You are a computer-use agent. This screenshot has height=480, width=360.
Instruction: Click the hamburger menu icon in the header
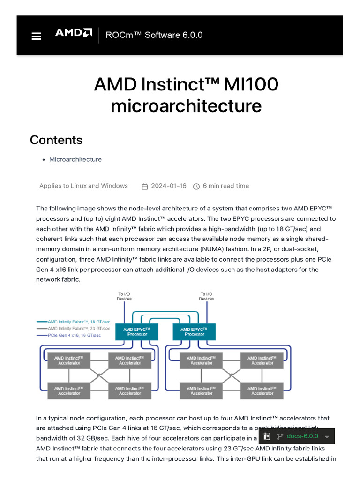[x=36, y=36]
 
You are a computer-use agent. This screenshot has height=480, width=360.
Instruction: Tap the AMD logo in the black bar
[x=74, y=33]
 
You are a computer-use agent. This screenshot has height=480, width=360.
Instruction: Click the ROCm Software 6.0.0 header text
[x=154, y=35]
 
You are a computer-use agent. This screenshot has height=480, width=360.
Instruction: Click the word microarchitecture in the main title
[x=186, y=106]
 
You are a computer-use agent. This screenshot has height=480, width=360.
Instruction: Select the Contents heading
[x=56, y=140]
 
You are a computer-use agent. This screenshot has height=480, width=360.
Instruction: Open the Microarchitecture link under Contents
[x=75, y=159]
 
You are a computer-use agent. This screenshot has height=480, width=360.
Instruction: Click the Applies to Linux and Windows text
[x=83, y=186]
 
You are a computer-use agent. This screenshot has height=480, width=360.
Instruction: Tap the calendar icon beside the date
[x=145, y=186]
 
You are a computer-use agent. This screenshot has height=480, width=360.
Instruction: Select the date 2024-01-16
[x=169, y=186]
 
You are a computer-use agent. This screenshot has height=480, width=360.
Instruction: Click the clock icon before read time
[x=196, y=186]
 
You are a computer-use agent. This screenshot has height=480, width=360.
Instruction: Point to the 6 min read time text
[x=226, y=186]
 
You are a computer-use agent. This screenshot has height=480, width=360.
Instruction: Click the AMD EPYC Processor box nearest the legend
[x=137, y=332]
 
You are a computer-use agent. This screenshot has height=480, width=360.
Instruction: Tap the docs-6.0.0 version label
[x=302, y=436]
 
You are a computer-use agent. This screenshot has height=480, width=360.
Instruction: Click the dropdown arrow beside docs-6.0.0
[x=327, y=437]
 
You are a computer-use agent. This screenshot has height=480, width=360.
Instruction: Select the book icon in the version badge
[x=267, y=436]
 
